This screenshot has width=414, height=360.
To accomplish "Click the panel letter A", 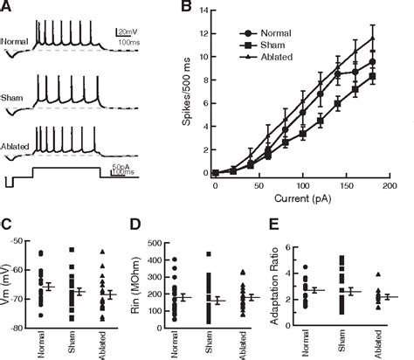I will (8, 7).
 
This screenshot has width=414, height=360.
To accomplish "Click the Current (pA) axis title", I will (300, 199).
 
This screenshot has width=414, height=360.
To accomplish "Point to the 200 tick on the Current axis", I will (389, 186).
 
